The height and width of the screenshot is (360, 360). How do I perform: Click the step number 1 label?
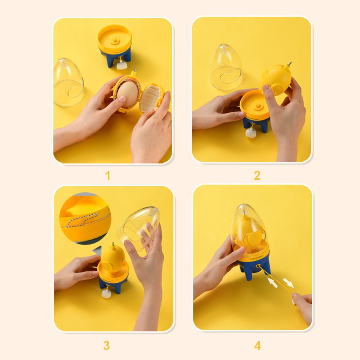(108, 175)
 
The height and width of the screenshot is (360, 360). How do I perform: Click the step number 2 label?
(257, 175)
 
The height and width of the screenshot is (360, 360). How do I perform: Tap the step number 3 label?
(107, 346)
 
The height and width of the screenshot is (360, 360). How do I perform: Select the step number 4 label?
(258, 346)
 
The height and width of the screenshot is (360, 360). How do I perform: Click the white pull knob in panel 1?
(121, 65)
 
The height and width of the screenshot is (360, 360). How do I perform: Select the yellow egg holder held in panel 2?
(276, 79)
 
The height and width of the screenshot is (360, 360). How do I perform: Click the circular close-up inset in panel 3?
(85, 217)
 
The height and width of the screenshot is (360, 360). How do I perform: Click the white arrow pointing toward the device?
(272, 282)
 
